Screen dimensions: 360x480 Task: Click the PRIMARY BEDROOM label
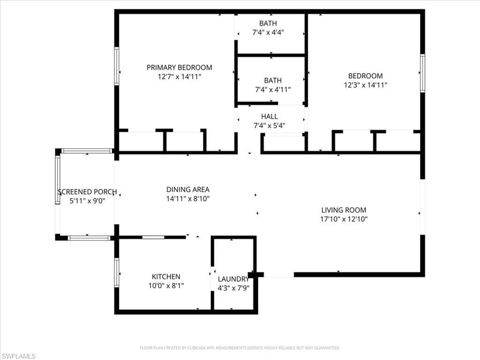[x=179, y=67]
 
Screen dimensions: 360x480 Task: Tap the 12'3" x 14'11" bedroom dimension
[x=365, y=85]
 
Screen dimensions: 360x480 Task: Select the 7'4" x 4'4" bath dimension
[x=268, y=33]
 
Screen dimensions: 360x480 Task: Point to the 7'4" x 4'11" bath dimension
[x=272, y=90]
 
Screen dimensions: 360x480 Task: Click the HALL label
[x=269, y=116]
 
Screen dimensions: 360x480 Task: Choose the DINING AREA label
[x=187, y=189]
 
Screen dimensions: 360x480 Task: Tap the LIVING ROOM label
[x=344, y=210]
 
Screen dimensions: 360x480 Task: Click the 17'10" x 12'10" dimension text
[x=344, y=219]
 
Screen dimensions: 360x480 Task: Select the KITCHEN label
[x=166, y=277]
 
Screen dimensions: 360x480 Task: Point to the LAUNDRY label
[x=233, y=279]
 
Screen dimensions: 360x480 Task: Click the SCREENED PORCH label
[x=87, y=192]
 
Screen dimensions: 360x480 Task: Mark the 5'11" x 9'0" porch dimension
[x=87, y=201]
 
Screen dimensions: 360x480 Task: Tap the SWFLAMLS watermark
[x=19, y=356]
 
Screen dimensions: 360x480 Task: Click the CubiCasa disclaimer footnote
[x=240, y=348]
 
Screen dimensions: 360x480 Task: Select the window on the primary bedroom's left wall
[x=117, y=66]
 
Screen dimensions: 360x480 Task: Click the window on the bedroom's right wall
[x=422, y=73]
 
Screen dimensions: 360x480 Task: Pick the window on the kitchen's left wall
[x=117, y=272]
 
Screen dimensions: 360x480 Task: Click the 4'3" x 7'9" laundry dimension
[x=233, y=288]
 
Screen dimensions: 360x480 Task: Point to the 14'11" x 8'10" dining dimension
[x=187, y=198]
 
